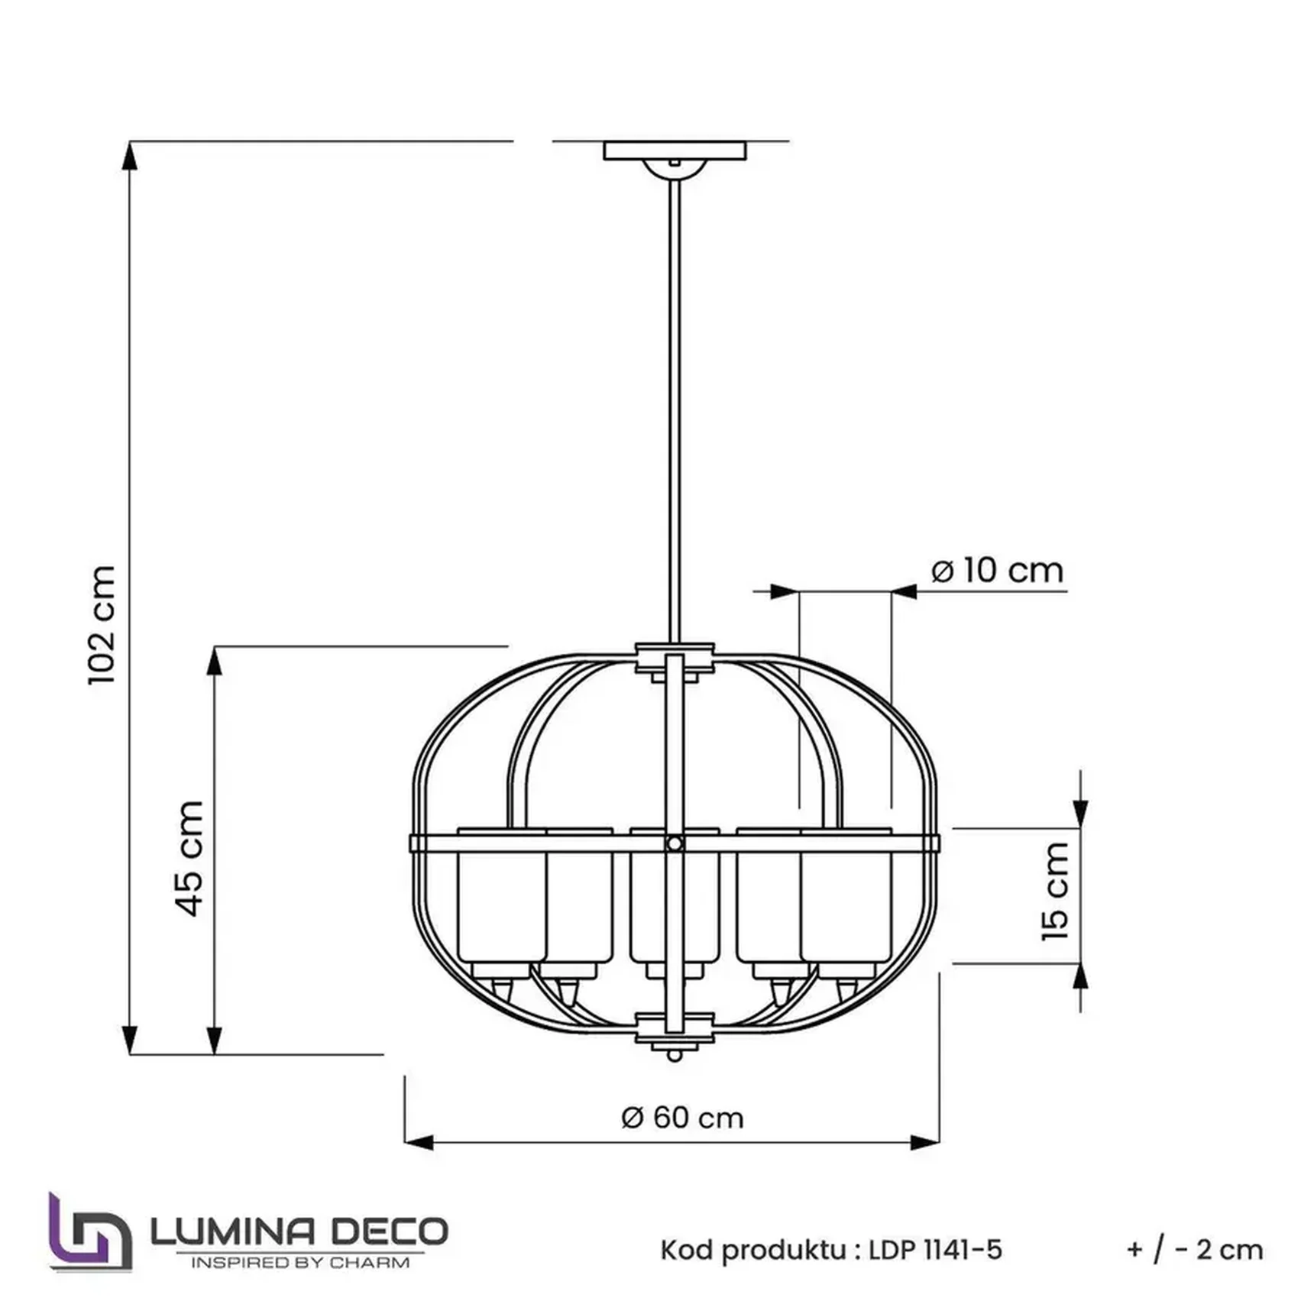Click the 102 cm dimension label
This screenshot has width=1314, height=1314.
point(102,625)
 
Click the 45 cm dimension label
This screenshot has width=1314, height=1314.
point(190,858)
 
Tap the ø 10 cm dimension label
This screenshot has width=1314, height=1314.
point(997,571)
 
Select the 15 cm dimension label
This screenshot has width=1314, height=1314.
point(1055,891)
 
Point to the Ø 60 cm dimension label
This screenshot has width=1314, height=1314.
point(682,1118)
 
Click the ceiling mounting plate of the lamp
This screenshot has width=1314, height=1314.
point(675,150)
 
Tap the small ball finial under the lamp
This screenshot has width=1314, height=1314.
point(674,1056)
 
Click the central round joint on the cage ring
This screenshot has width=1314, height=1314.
point(674,843)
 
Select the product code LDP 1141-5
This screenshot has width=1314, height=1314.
point(935,1251)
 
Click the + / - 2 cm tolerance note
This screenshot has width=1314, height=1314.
point(1194,1251)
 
